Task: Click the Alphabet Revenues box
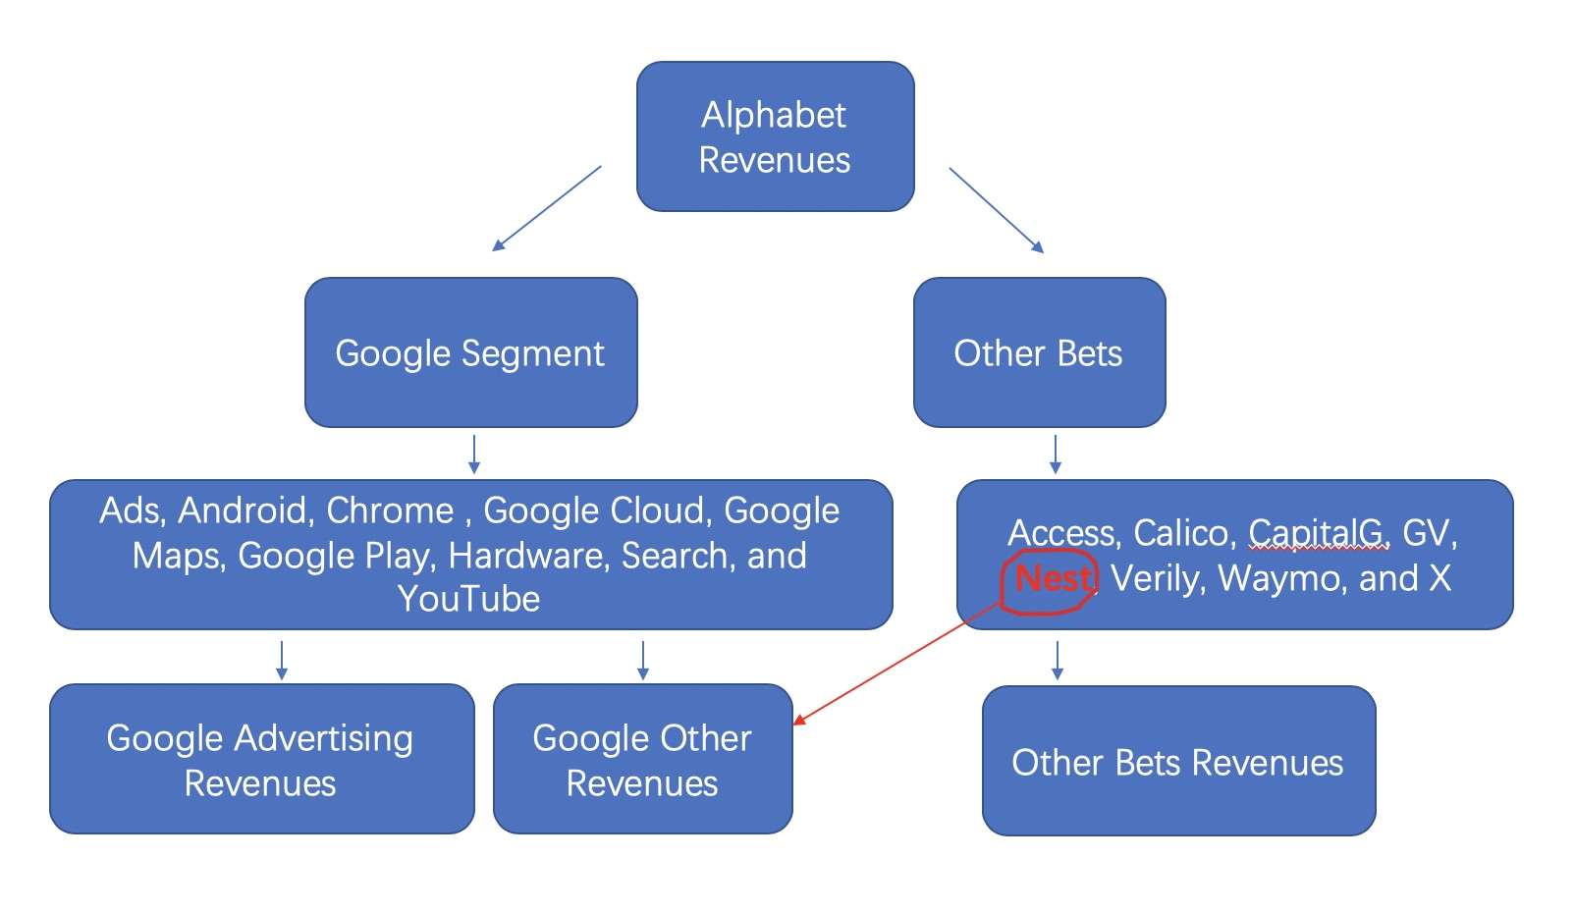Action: click(x=775, y=136)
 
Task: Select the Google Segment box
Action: click(x=471, y=352)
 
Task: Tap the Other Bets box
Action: click(x=1039, y=352)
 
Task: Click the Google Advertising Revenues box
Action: click(x=261, y=759)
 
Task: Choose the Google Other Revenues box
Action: click(x=642, y=759)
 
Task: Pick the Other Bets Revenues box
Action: click(x=1178, y=761)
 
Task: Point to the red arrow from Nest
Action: click(x=897, y=662)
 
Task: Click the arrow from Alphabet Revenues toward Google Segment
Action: click(x=546, y=208)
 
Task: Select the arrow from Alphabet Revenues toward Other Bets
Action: click(x=997, y=209)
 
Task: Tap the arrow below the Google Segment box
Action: click(x=474, y=454)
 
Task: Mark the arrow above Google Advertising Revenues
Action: click(x=281, y=660)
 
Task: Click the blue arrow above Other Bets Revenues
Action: click(x=1057, y=660)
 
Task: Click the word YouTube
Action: click(x=468, y=599)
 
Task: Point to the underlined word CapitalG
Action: click(x=1316, y=533)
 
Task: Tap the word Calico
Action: click(x=1180, y=533)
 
